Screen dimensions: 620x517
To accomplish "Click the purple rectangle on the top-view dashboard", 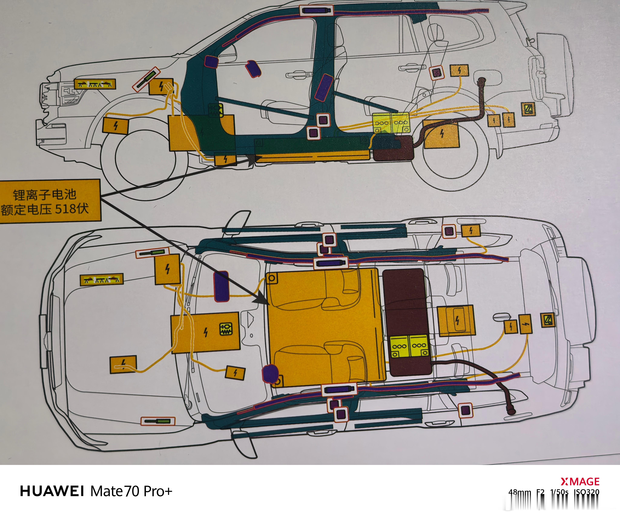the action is coord(221,286).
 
